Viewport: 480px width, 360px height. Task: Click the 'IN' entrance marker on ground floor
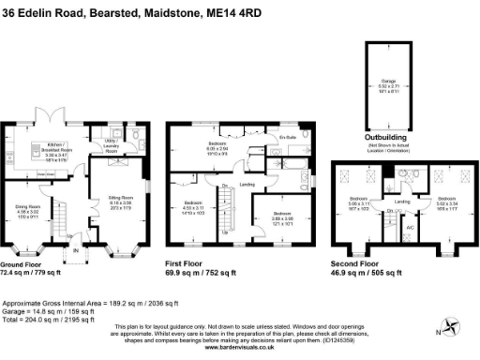pos(76,250)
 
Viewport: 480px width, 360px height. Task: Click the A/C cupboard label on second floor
pos(410,229)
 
